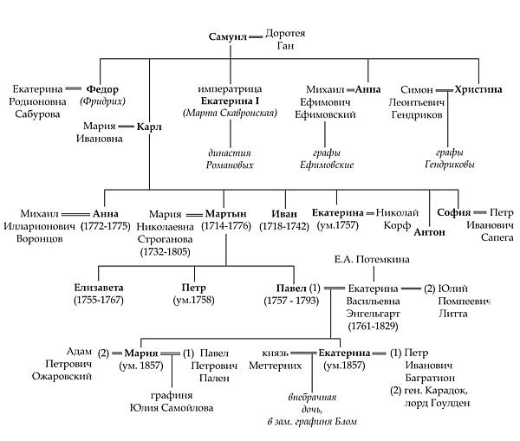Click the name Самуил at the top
228,38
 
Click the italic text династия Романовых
231,158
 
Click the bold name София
453,212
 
